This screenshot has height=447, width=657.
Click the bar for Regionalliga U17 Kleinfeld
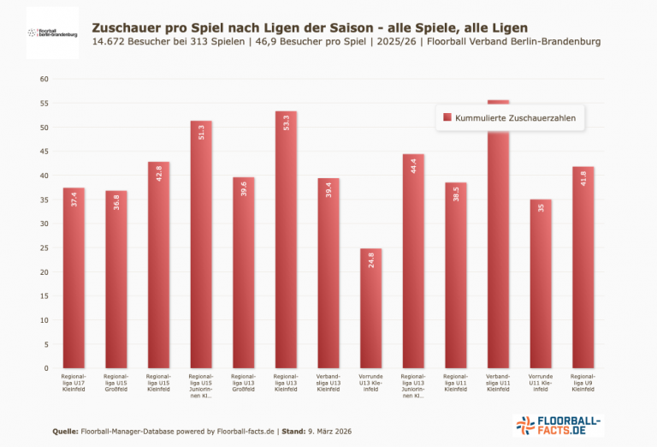(x=74, y=278)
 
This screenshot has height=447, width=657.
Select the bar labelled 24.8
(x=370, y=308)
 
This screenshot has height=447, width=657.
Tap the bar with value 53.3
(x=286, y=240)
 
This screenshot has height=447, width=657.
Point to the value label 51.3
(x=201, y=132)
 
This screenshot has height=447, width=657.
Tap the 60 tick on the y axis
(x=45, y=80)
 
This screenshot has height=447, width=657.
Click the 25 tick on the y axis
(x=45, y=248)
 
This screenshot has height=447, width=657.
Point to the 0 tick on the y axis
(x=48, y=369)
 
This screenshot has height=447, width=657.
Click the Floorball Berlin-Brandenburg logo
(x=52, y=33)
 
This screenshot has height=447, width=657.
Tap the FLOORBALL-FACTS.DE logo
(x=559, y=426)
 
